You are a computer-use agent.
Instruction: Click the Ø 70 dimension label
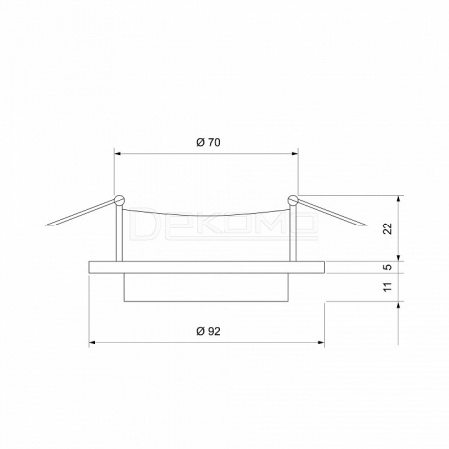[x=208, y=142]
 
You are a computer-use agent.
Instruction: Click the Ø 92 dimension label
[x=208, y=331]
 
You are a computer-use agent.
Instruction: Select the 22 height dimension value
[x=388, y=228]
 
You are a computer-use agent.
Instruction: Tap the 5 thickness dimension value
[x=388, y=267]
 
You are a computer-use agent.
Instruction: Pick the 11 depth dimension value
[x=388, y=287]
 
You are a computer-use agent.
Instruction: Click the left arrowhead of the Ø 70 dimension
[x=118, y=154]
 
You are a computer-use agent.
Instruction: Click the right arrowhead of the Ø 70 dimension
[x=295, y=154]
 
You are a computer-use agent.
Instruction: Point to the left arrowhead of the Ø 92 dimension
[x=93, y=342]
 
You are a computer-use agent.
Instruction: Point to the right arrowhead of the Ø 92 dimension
[x=321, y=342]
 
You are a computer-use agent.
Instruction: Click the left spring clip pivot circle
[x=119, y=200]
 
